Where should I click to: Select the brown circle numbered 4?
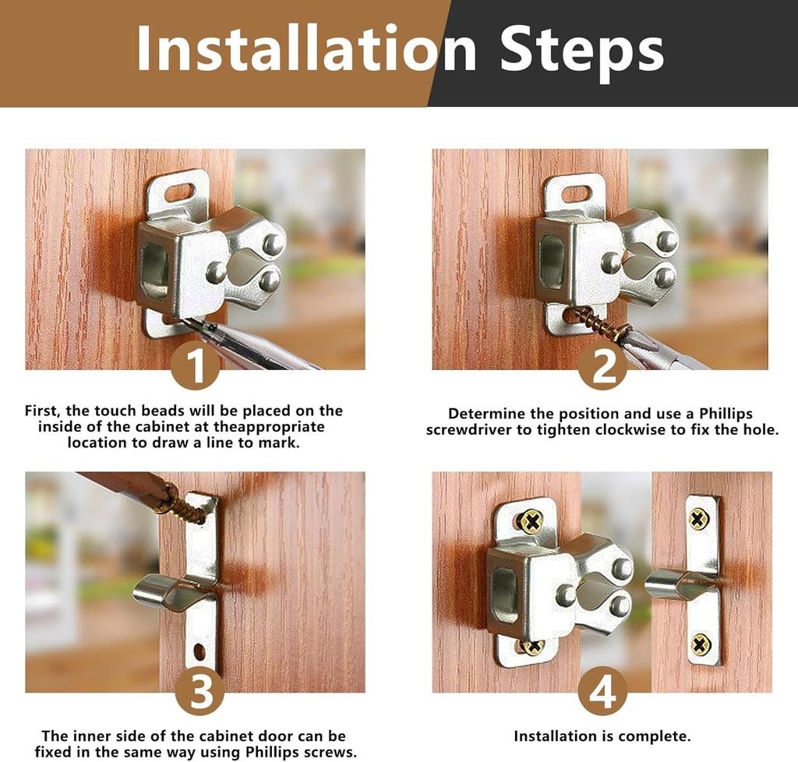[x=602, y=690]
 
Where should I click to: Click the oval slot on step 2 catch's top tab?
[x=577, y=193]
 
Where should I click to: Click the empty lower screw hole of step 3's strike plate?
[x=199, y=649]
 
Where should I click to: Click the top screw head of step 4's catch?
[x=531, y=520]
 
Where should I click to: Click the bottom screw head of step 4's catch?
[x=532, y=647]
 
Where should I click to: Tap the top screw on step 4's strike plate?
[x=699, y=518]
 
